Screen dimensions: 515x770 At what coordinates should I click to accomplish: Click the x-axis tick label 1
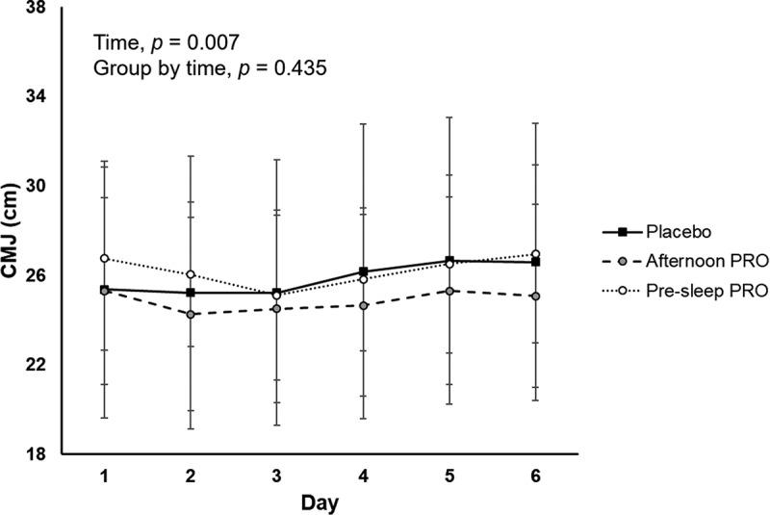[x=104, y=476]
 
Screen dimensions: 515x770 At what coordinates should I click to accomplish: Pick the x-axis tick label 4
[x=363, y=476]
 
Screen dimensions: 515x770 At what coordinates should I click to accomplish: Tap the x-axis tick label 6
[x=535, y=476]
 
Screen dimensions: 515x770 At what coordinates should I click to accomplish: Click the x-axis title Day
[x=320, y=502]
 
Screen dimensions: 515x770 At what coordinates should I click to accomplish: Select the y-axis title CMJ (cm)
[x=13, y=231]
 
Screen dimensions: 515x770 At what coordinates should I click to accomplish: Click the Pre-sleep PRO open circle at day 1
[x=104, y=258]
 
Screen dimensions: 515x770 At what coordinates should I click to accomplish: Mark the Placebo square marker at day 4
[x=363, y=271]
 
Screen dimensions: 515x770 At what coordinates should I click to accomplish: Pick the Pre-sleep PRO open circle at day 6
[x=535, y=254]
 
